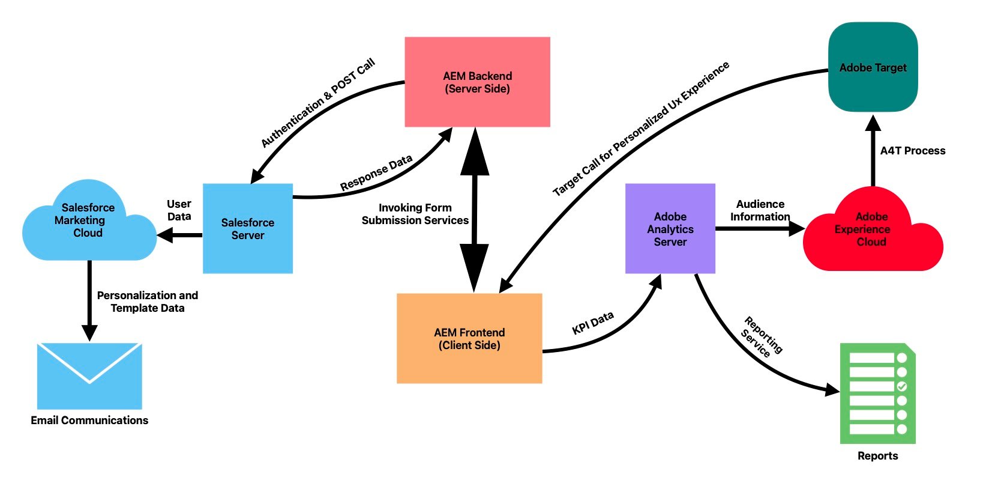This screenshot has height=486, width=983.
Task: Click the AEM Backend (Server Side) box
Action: point(477,82)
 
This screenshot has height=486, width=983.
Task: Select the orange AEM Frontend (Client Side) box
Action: point(469,338)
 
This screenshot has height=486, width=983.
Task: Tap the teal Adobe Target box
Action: point(873,67)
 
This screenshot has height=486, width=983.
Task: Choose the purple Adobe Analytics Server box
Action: point(670,229)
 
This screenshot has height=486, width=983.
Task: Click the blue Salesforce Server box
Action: point(247,229)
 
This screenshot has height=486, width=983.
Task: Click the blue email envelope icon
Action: point(89,376)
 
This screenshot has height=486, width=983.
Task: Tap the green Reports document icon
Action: point(877,393)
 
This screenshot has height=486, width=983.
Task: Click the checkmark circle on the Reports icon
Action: point(901,386)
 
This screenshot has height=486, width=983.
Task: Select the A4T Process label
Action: point(912,151)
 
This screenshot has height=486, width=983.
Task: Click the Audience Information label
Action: point(760,210)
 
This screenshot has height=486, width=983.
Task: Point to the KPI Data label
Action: point(593,323)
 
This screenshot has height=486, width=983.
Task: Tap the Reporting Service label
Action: point(761,338)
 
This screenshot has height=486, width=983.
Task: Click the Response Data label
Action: point(376,172)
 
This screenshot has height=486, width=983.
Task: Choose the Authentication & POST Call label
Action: point(317,103)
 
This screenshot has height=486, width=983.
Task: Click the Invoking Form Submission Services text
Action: point(415,214)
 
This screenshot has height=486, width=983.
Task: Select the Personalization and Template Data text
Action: point(148,302)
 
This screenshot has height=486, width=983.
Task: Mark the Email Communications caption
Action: point(89,421)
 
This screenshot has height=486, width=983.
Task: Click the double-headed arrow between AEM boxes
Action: point(475,210)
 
